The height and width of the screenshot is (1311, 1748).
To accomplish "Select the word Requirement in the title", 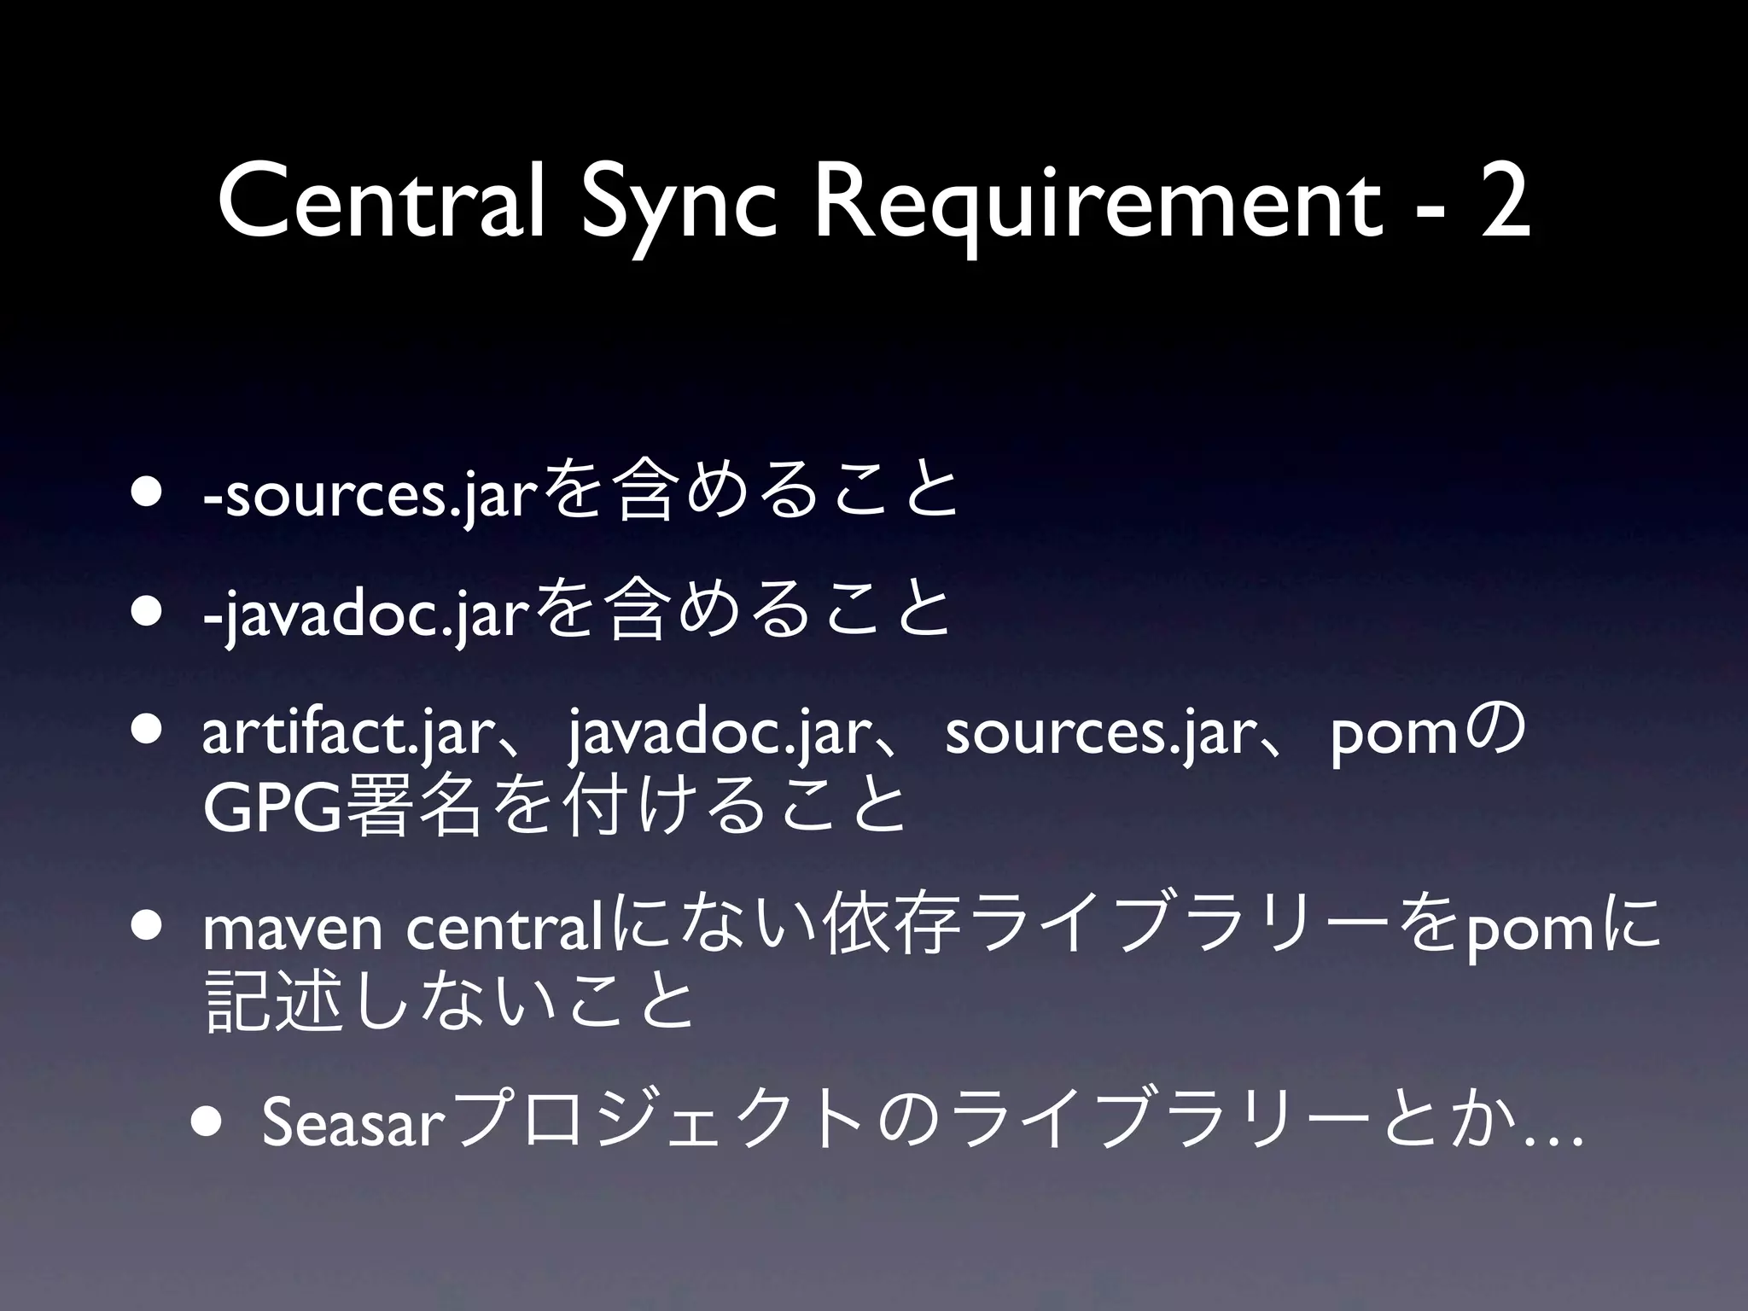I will pos(1097,209).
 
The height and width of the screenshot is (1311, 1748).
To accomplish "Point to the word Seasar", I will pos(354,1124).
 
